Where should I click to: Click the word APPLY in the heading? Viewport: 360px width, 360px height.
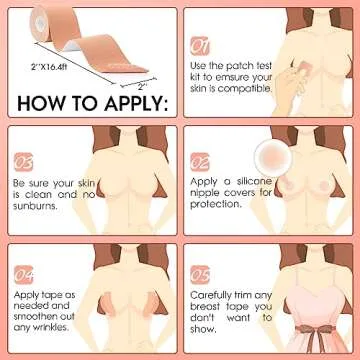[136, 103]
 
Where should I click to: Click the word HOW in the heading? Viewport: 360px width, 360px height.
[37, 103]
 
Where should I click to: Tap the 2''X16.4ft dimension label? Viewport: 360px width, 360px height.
[49, 67]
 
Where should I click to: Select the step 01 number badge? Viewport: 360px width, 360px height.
[200, 46]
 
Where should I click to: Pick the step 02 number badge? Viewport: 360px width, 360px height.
[200, 162]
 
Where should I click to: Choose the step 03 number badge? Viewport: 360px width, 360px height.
[23, 162]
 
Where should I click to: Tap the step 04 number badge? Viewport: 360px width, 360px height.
[23, 275]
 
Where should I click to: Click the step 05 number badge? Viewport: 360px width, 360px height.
[200, 275]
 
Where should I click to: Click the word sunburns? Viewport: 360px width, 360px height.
[35, 206]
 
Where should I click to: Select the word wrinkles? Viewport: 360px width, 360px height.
[49, 327]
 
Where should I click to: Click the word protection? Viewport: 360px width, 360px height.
[215, 204]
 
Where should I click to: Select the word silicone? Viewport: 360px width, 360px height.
[254, 182]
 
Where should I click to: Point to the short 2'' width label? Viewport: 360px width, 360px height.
[142, 87]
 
